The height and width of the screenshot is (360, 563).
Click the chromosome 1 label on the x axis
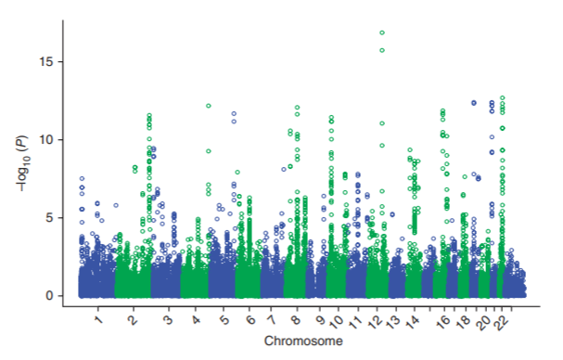click(x=98, y=320)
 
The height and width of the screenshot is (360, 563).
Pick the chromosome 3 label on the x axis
click(x=167, y=320)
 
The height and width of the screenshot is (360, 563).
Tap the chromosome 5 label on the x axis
click(x=225, y=320)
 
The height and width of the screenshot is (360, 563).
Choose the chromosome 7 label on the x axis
click(x=272, y=320)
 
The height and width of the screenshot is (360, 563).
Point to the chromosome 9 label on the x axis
click(x=319, y=320)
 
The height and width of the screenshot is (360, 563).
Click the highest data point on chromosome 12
click(x=382, y=33)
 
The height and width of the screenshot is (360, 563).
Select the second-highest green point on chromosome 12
click(x=382, y=50)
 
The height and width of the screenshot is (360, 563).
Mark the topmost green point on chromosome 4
click(x=209, y=106)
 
